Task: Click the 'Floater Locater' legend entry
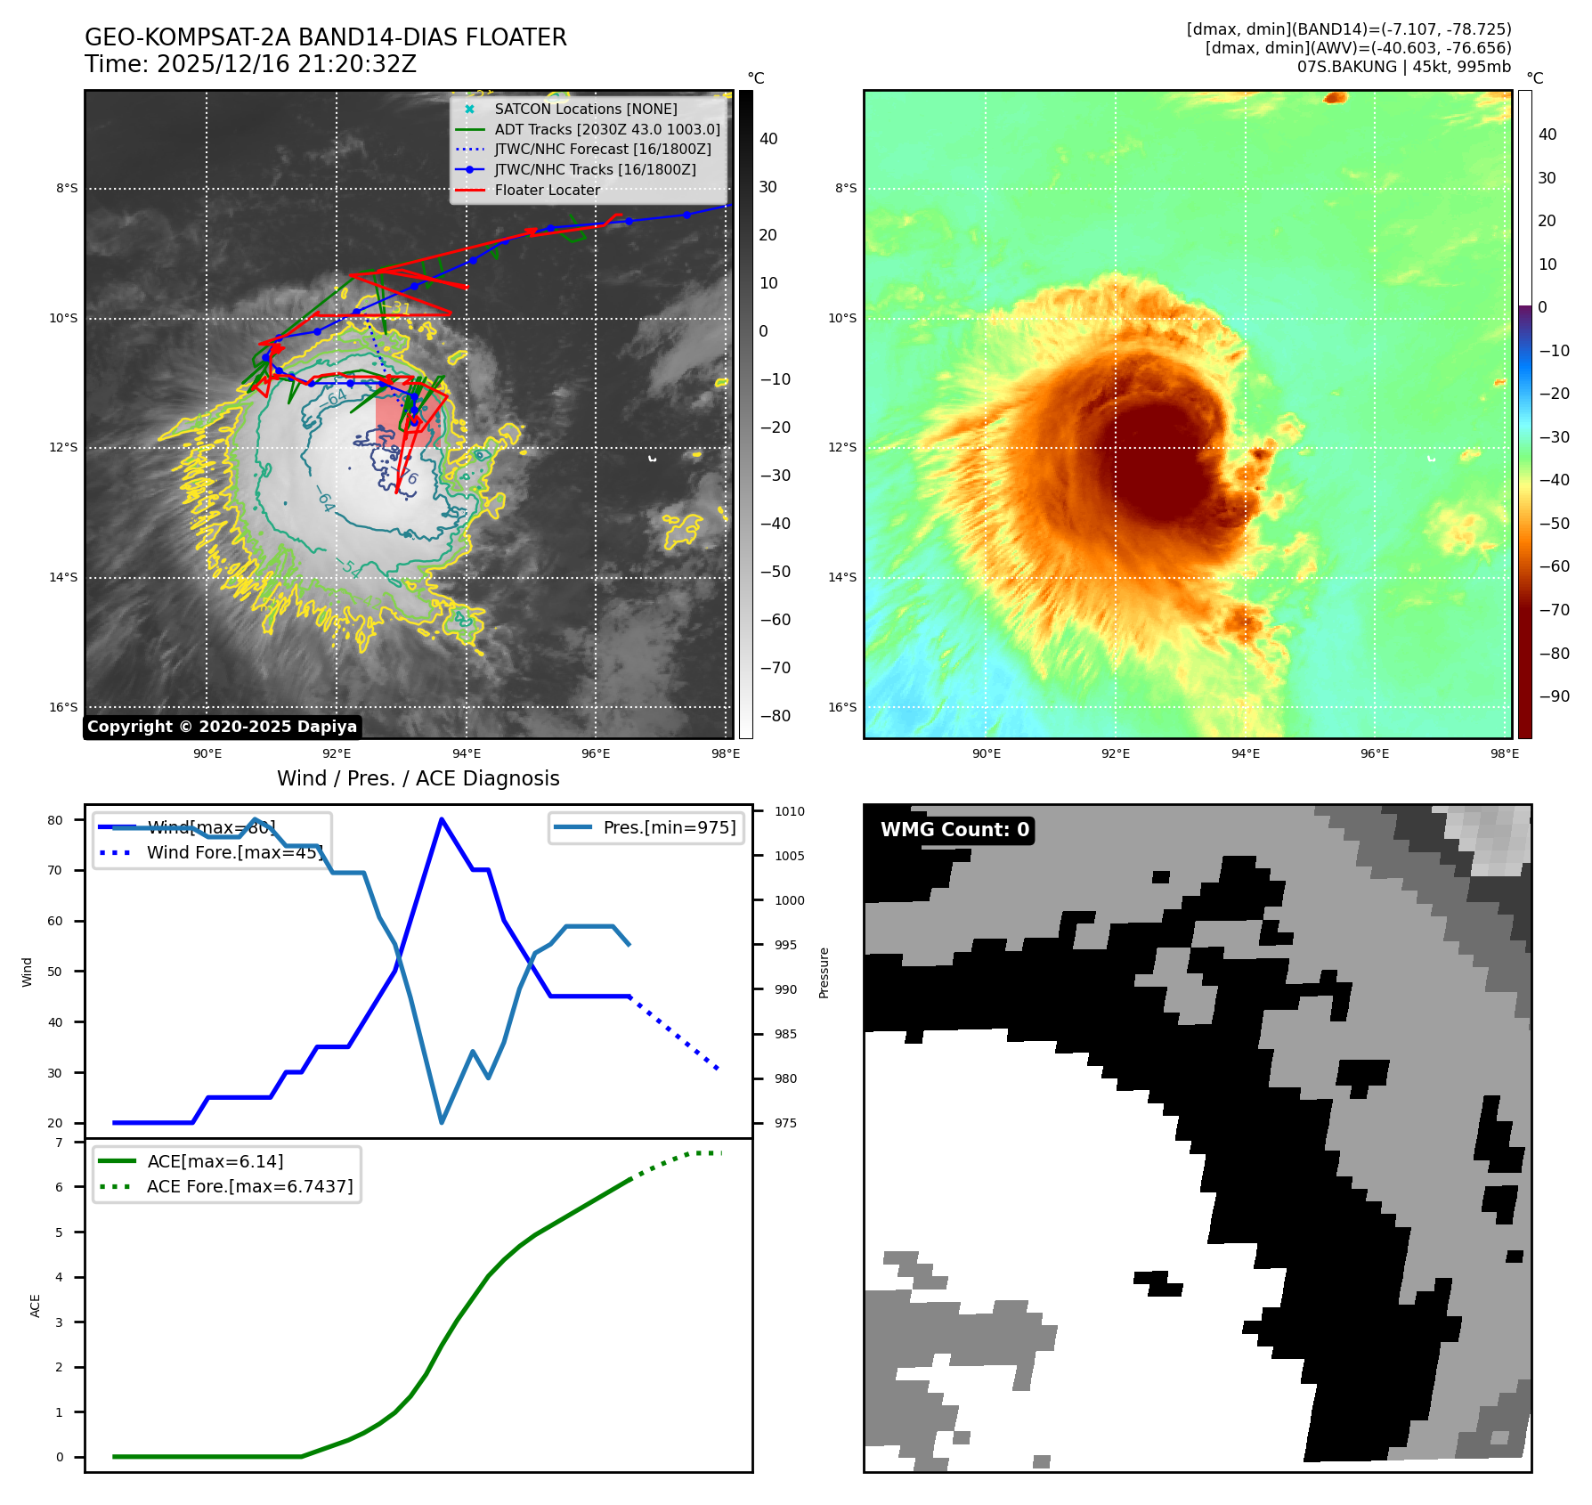(x=547, y=190)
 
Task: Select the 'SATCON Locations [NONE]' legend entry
(x=585, y=109)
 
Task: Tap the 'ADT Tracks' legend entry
(x=606, y=129)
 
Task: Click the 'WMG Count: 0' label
(x=954, y=830)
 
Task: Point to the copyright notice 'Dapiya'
(x=222, y=727)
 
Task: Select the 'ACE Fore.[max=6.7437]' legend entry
(x=249, y=1186)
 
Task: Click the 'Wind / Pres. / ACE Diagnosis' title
(x=418, y=778)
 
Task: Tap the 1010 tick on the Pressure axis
(x=789, y=811)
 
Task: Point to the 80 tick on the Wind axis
(x=56, y=820)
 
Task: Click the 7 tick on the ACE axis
(x=60, y=1143)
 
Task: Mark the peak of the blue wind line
(x=442, y=819)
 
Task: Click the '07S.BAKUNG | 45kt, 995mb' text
(x=1403, y=67)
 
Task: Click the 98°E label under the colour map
(x=1505, y=753)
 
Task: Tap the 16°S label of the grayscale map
(x=63, y=707)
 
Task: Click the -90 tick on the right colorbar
(x=1555, y=696)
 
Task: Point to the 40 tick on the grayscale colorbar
(x=768, y=139)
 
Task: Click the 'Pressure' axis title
(x=824, y=972)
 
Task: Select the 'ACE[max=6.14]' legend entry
(x=215, y=1161)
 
